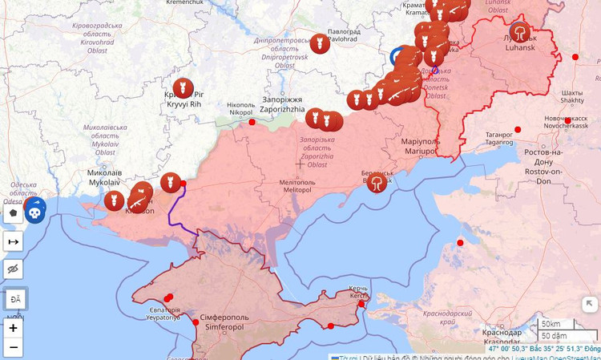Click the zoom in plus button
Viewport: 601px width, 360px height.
click(x=13, y=328)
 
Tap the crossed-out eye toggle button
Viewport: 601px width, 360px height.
click(x=13, y=269)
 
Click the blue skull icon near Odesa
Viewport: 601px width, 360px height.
click(x=34, y=211)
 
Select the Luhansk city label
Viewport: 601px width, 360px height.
click(x=521, y=42)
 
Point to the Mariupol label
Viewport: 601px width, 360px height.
click(x=421, y=146)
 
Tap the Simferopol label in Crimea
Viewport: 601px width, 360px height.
click(x=222, y=322)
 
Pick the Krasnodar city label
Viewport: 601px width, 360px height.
click(x=502, y=337)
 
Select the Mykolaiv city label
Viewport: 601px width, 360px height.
click(x=105, y=177)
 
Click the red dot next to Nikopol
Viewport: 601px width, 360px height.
click(x=252, y=122)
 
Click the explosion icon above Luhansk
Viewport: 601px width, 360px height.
click(x=521, y=31)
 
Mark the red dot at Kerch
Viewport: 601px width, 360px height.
click(x=361, y=304)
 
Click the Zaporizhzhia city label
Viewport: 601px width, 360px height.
click(x=282, y=104)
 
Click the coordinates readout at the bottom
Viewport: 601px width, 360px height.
click(x=544, y=350)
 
